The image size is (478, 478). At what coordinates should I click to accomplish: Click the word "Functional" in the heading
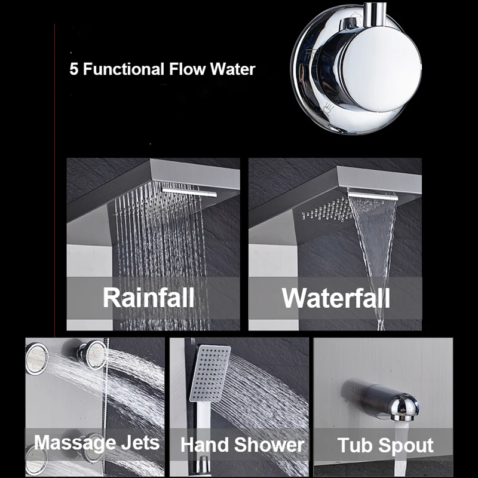(x=122, y=69)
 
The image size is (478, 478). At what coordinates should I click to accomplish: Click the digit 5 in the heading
(x=74, y=69)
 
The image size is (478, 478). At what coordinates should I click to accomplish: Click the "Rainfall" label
(x=148, y=297)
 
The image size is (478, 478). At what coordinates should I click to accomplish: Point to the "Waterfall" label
(x=336, y=297)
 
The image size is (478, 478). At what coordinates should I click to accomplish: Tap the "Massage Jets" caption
(x=96, y=443)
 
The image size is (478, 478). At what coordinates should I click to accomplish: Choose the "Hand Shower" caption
(x=242, y=445)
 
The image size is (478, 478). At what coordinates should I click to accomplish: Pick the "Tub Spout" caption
(x=385, y=445)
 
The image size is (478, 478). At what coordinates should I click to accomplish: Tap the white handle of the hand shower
(x=203, y=418)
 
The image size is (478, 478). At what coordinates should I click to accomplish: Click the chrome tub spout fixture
(x=382, y=399)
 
